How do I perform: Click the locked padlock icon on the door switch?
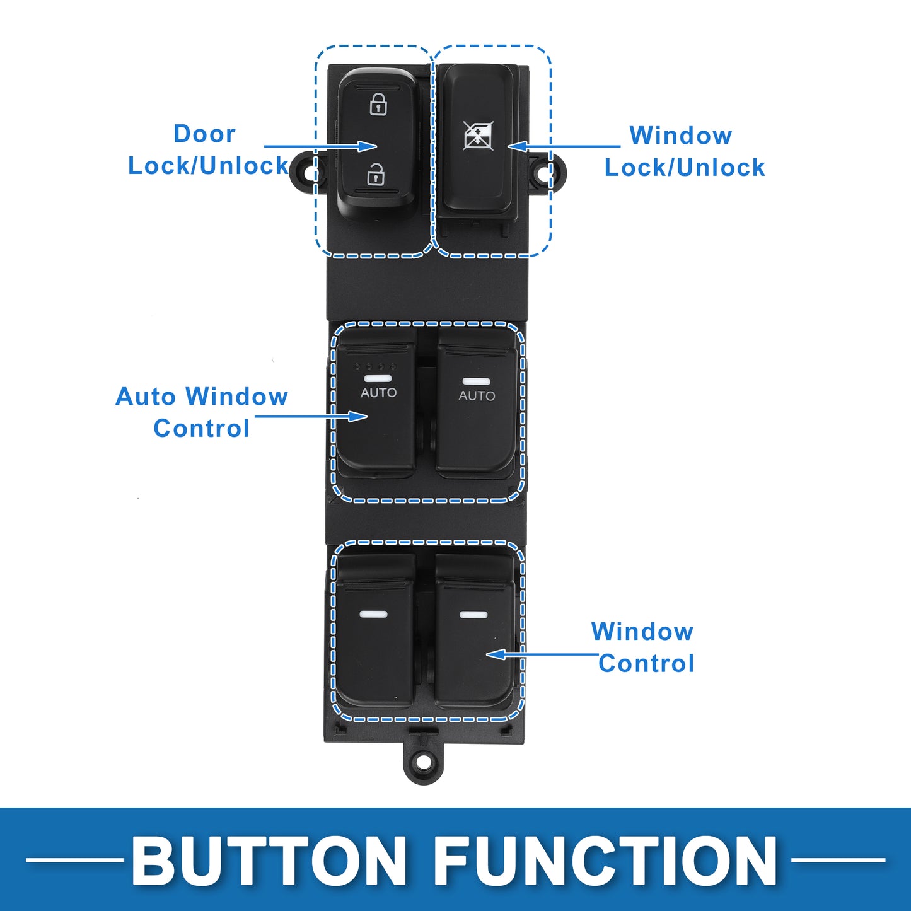378,104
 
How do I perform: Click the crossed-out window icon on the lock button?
478,136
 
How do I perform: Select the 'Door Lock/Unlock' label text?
208,149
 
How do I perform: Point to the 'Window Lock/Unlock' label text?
685,151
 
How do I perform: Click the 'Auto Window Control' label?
202,412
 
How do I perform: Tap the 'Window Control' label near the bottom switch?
643,647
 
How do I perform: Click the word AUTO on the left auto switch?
379,392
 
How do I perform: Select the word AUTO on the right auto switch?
477,396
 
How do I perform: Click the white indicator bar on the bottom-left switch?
373,614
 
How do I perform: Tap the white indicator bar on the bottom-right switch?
473,615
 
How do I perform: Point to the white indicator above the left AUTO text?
378,379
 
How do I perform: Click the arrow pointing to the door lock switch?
320,146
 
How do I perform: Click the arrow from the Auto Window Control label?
311,417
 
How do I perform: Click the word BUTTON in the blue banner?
269,861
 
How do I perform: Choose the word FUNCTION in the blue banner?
606,861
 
